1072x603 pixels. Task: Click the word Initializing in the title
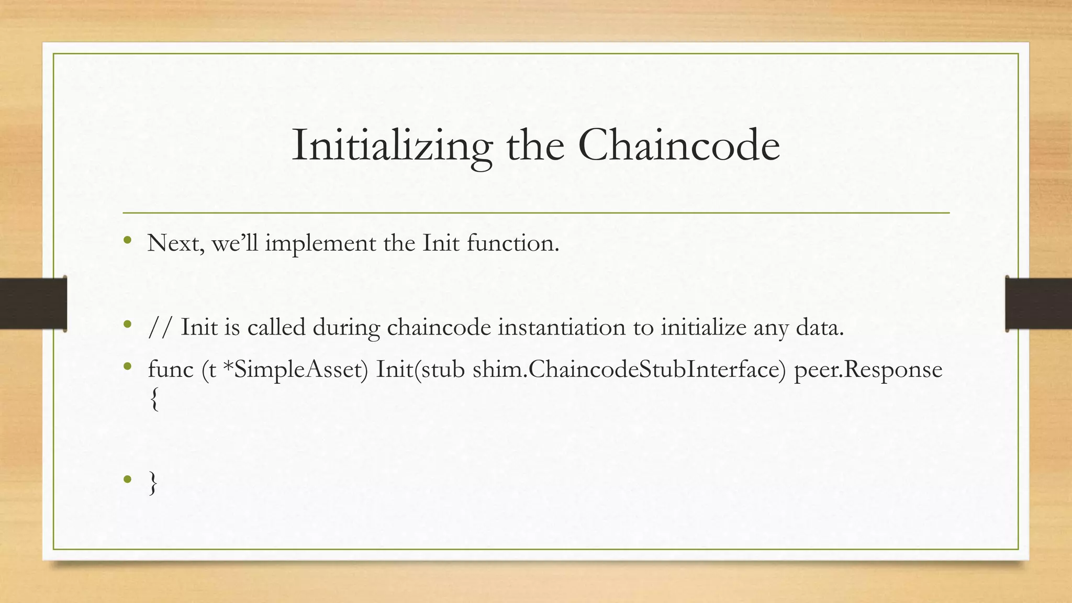click(x=392, y=146)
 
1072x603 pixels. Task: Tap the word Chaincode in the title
click(x=679, y=146)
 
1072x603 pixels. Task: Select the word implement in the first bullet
click(x=320, y=243)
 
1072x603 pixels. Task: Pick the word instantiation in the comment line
click(x=561, y=328)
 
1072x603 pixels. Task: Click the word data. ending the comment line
click(x=820, y=328)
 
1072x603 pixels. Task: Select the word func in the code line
click(x=171, y=370)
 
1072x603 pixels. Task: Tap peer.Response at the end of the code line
click(x=868, y=370)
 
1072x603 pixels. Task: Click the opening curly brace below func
click(x=153, y=400)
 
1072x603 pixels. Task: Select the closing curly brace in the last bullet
click(x=153, y=483)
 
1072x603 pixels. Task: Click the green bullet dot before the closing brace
click(x=127, y=479)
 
